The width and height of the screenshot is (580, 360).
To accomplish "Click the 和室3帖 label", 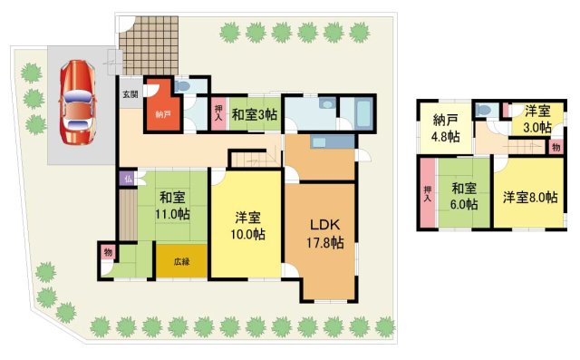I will (255, 115).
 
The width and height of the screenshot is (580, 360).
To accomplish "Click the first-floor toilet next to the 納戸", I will (184, 87).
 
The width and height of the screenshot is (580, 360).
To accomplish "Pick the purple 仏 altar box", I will (130, 178).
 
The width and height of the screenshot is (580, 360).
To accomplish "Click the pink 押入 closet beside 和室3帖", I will (218, 113).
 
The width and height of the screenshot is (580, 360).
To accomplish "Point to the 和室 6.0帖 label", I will (464, 197).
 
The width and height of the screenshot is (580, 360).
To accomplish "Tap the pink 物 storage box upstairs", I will (555, 145).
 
